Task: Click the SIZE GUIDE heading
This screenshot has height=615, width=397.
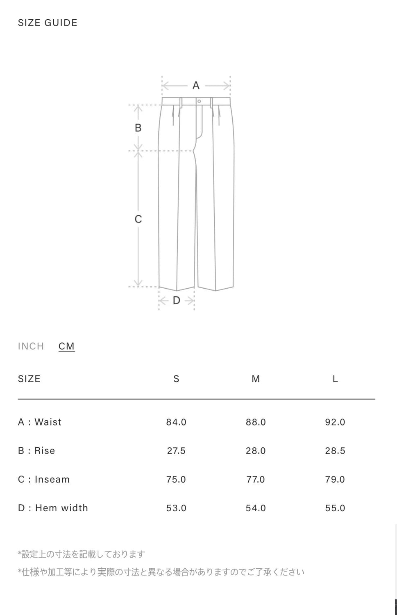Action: point(48,23)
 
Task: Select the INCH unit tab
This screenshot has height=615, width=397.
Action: point(31,346)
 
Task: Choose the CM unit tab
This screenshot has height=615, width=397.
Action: point(66,346)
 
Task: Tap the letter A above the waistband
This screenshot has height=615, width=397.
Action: point(196,85)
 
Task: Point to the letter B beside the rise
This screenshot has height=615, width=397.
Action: point(138,128)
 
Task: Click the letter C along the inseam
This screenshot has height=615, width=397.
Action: point(138,219)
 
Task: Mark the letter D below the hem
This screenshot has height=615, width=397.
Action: point(177,301)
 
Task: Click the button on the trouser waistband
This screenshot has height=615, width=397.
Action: point(199,101)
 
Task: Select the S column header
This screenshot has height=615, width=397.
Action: point(176,379)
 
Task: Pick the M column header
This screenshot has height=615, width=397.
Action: point(256,379)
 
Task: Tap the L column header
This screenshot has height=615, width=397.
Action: point(335,379)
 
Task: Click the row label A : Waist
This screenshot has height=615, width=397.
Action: point(40,422)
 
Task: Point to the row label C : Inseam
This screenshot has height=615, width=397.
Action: point(44,479)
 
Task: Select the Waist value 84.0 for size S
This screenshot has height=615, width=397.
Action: point(176,422)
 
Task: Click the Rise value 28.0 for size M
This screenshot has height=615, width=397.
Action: point(256,451)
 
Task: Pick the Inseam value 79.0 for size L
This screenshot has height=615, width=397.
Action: point(335,479)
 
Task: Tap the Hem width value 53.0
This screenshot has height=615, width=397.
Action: point(176,508)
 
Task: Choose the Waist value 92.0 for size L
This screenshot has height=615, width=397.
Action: point(335,422)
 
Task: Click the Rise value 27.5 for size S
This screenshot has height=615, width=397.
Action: point(176,451)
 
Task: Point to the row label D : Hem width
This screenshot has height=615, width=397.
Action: point(53,508)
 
